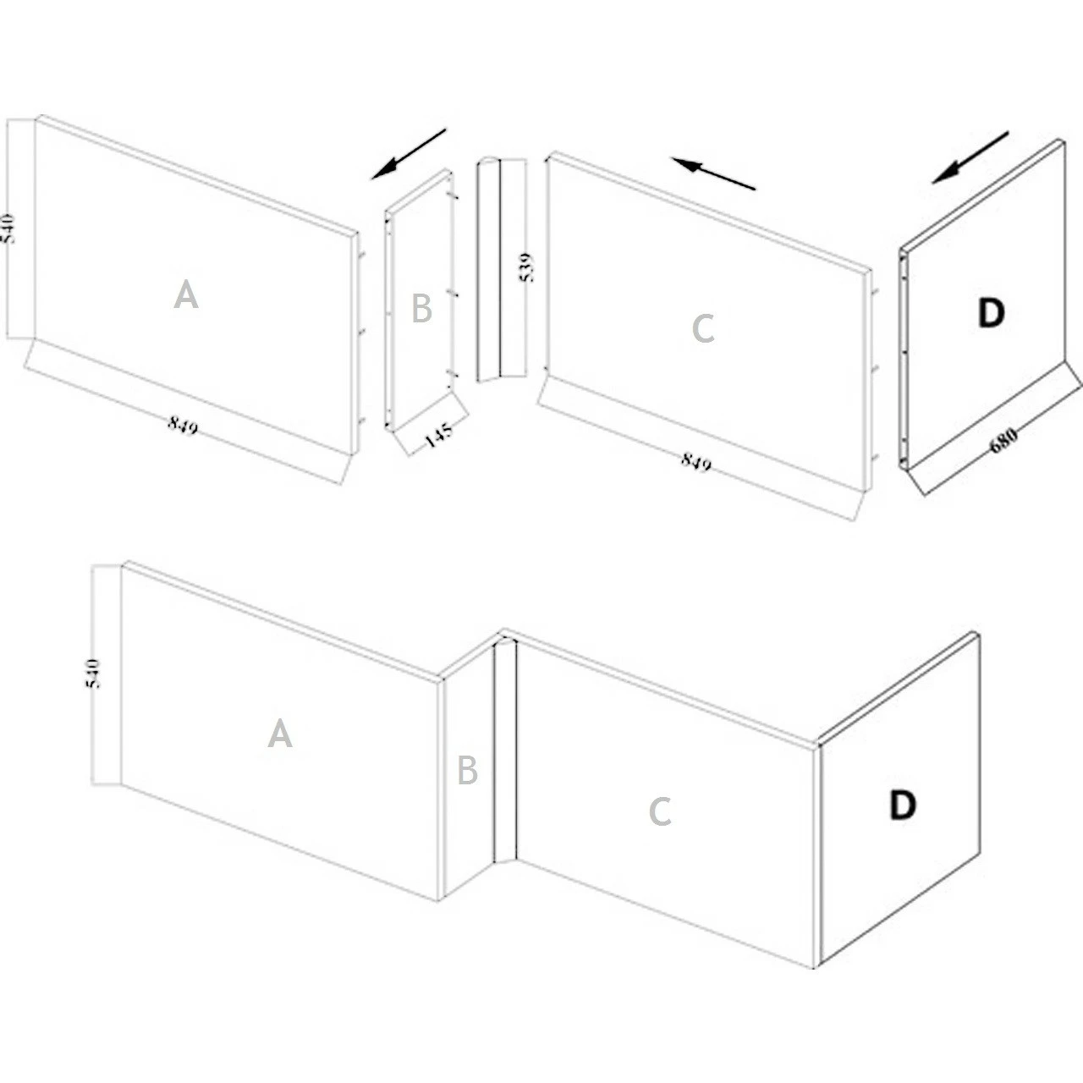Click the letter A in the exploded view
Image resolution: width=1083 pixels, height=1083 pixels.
pyautogui.click(x=186, y=295)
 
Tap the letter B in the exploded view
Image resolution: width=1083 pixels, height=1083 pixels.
pyautogui.click(x=421, y=309)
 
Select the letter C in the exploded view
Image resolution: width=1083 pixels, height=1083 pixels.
pyautogui.click(x=703, y=328)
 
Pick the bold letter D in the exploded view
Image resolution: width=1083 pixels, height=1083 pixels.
pyautogui.click(x=990, y=313)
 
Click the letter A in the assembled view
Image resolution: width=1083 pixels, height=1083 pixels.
pyautogui.click(x=280, y=733)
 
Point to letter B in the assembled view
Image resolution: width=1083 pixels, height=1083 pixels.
pyautogui.click(x=467, y=771)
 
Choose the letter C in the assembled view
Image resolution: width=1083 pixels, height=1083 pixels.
pyautogui.click(x=660, y=811)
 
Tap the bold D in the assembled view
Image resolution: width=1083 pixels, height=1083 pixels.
pyautogui.click(x=903, y=805)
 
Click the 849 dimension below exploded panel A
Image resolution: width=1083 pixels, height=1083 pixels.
pyautogui.click(x=183, y=426)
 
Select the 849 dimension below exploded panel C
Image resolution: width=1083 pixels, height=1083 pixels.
pyautogui.click(x=695, y=462)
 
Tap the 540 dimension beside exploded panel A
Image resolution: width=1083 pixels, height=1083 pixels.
pyautogui.click(x=8, y=229)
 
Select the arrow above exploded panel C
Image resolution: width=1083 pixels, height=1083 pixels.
pyautogui.click(x=713, y=173)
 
